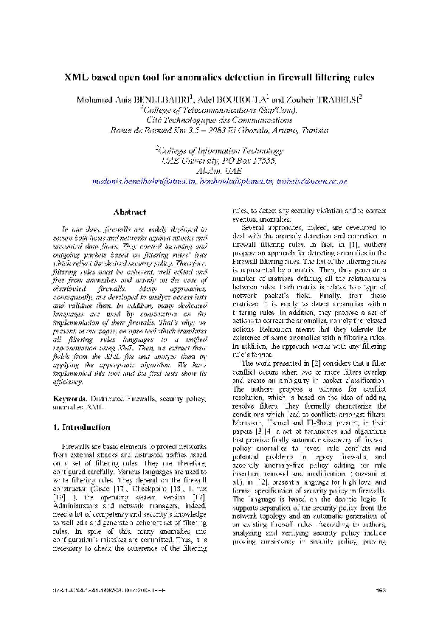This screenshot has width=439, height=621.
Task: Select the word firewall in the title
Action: tap(277, 77)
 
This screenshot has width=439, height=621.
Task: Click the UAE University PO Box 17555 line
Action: tap(219, 160)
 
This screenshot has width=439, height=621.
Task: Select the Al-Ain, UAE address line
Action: tap(219, 170)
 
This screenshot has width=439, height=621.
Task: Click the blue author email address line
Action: tap(219, 180)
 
